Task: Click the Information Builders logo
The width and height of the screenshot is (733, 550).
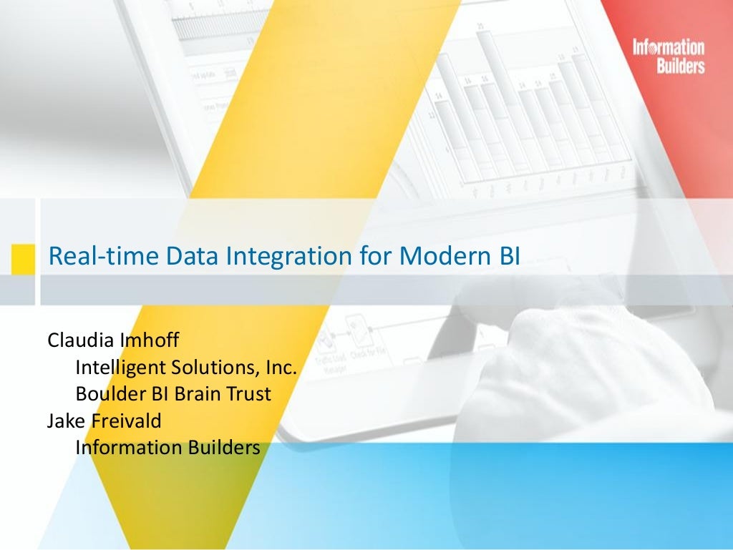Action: point(669,57)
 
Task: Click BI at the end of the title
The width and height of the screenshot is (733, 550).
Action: point(504,256)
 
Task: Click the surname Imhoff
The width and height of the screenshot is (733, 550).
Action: point(148,340)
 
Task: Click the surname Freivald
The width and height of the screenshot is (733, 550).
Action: point(127,421)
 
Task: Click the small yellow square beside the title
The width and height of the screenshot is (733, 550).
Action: point(23,257)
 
